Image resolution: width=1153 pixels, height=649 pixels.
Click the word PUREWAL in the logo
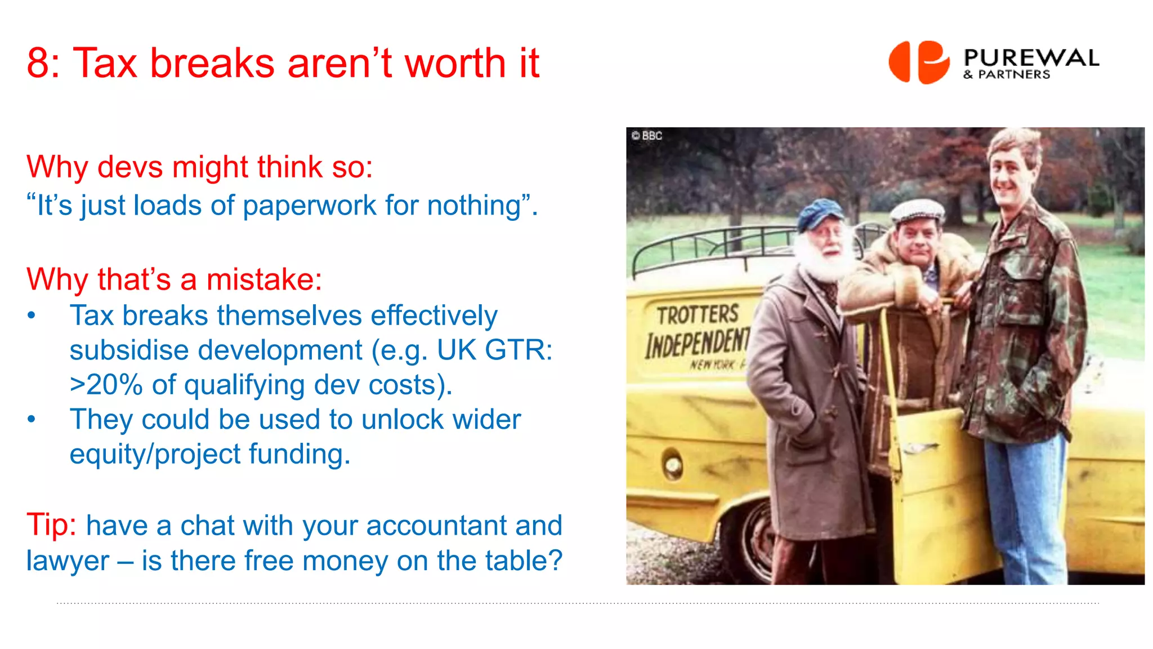pyautogui.click(x=1031, y=57)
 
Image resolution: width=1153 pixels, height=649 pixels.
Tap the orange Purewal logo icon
pyautogui.click(x=919, y=62)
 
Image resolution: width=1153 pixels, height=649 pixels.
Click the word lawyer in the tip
pyautogui.click(x=68, y=561)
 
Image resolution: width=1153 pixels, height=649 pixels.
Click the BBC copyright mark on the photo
pyautogui.click(x=647, y=136)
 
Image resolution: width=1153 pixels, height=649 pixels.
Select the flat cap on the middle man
pyautogui.click(x=917, y=211)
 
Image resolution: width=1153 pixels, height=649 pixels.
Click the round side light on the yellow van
pyautogui.click(x=673, y=465)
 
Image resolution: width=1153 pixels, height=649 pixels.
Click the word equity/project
pyautogui.click(x=155, y=455)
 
